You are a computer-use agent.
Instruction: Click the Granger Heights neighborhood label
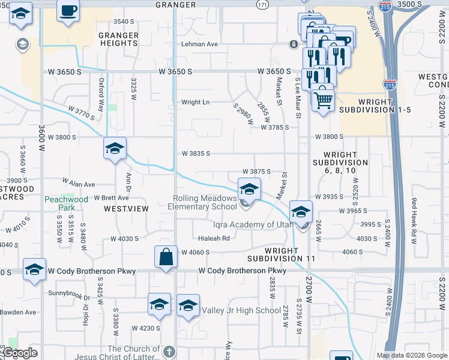118,40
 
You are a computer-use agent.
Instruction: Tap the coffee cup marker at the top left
68,11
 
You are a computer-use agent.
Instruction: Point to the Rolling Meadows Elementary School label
205,202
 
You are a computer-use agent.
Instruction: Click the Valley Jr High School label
241,310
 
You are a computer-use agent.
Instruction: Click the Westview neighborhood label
126,209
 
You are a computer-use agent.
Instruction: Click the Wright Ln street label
196,102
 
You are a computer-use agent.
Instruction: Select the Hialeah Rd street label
214,238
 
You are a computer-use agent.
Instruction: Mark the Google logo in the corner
20,353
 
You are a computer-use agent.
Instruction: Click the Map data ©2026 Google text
412,355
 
